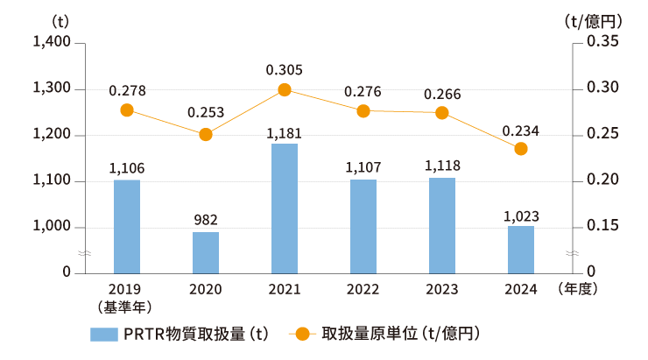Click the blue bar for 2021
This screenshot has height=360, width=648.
click(x=285, y=208)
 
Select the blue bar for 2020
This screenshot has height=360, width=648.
click(x=206, y=252)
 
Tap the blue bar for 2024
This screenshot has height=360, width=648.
click(x=521, y=250)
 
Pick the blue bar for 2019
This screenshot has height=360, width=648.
click(x=127, y=226)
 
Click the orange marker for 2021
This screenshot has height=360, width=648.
click(x=285, y=89)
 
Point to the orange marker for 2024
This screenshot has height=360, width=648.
click(x=521, y=149)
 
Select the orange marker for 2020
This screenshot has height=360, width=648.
click(x=206, y=134)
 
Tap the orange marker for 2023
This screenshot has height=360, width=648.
click(x=442, y=112)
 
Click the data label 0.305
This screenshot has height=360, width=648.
click(x=285, y=68)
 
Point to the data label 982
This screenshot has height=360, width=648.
click(x=206, y=219)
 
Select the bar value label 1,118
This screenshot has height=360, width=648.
click(x=442, y=165)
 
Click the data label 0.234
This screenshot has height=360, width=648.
click(x=520, y=131)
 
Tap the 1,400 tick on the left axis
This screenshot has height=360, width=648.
click(x=53, y=43)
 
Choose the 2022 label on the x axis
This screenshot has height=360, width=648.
click(x=363, y=289)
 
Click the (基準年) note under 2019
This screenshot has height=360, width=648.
click(x=127, y=306)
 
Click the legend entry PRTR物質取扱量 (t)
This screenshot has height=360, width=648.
click(x=180, y=334)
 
